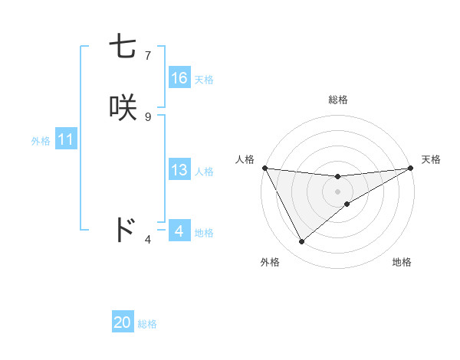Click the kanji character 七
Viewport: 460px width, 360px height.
123,47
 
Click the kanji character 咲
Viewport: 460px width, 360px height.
123,108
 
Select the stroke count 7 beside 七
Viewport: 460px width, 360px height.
147,55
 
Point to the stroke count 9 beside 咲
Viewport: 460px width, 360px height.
147,116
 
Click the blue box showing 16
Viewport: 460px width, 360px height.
179,78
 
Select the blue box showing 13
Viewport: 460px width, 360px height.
179,170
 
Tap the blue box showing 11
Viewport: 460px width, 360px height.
66,140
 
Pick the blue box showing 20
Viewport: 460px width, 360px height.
123,322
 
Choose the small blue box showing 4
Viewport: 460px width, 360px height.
179,231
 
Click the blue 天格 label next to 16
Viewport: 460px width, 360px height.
204,80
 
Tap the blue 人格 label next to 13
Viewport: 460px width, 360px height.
204,172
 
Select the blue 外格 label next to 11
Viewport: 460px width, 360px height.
41,141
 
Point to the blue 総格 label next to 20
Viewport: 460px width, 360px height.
147,324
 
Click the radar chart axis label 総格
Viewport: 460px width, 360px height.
338,100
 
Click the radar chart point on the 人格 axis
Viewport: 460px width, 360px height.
264,168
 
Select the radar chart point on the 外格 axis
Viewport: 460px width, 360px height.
301,242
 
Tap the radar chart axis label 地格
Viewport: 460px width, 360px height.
402,263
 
